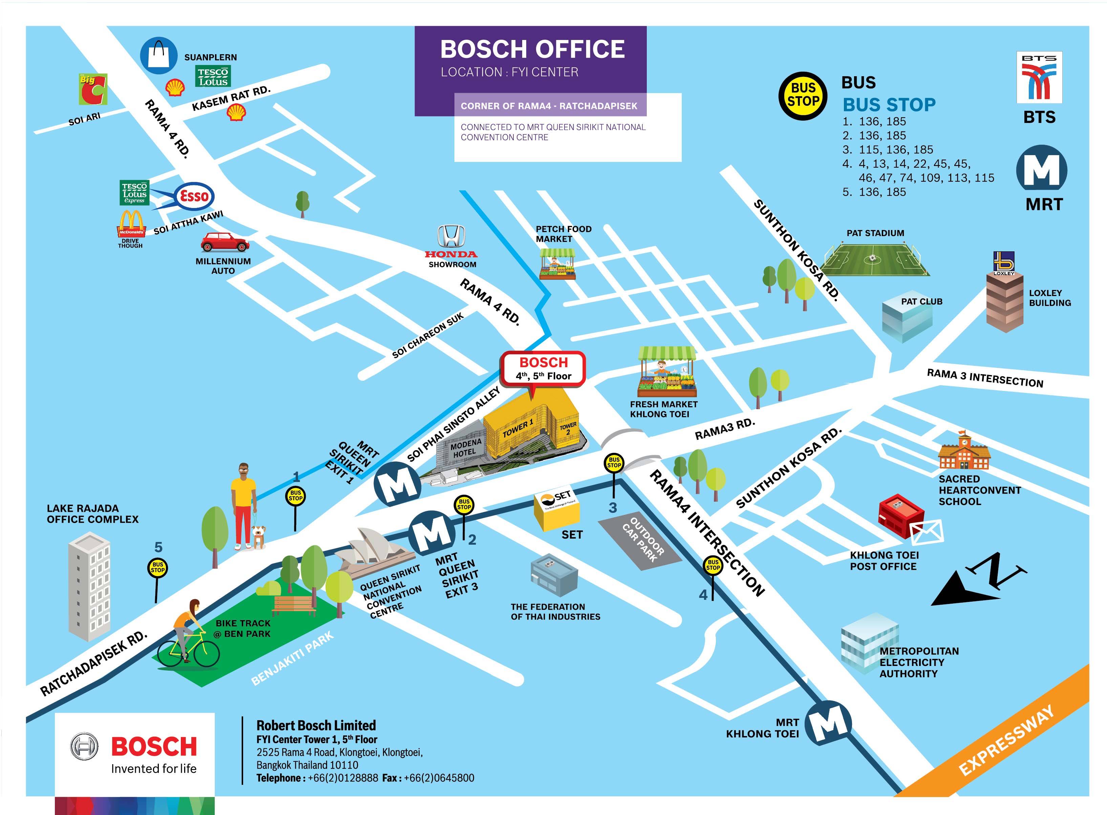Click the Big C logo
point(93,89)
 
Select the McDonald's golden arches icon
point(131,223)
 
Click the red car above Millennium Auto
point(225,242)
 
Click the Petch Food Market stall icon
point(557,265)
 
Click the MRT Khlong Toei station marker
point(828,723)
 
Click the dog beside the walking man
point(258,536)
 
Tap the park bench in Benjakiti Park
point(294,605)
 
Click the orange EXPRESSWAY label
point(1006,740)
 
